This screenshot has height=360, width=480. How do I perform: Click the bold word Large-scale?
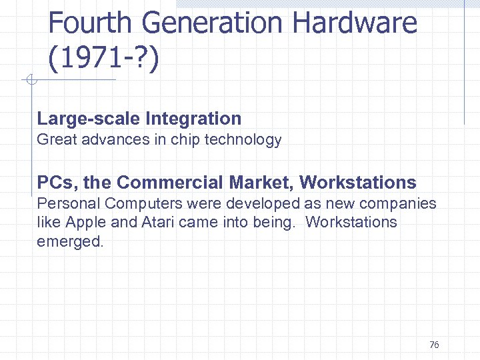tap(89, 119)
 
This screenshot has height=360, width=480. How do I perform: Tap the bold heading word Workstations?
tap(358, 182)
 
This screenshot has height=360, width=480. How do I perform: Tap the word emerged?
tap(70, 241)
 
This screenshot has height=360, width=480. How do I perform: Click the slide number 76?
tap(434, 345)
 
